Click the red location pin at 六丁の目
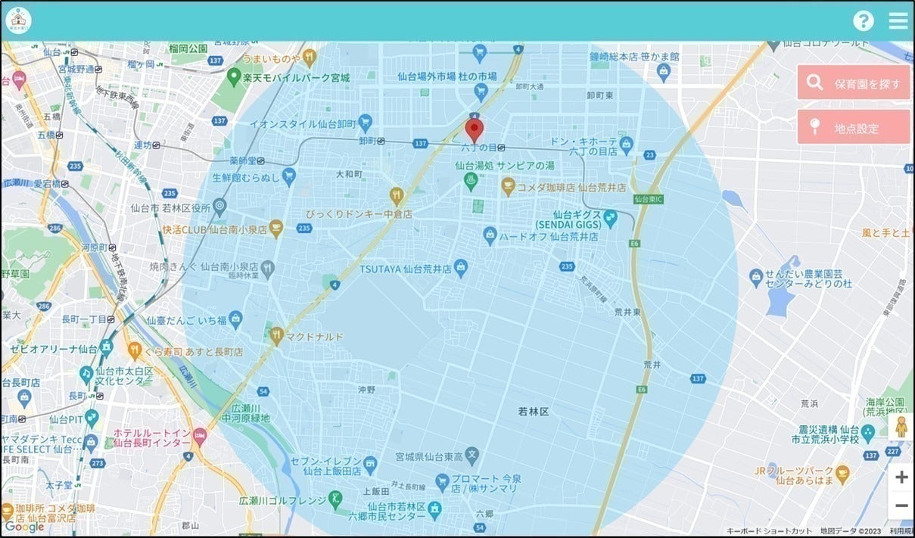click(474, 129)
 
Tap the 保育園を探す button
click(853, 82)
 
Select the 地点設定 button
click(853, 127)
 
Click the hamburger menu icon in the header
click(898, 20)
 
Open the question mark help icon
click(864, 20)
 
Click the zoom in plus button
click(901, 477)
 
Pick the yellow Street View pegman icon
click(901, 427)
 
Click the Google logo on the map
click(24, 527)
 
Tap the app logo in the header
click(18, 20)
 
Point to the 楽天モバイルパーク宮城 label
click(295, 77)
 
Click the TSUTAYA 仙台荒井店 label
click(415, 267)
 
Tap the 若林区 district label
click(533, 411)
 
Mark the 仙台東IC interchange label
click(648, 199)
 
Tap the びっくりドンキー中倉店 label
click(359, 214)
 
